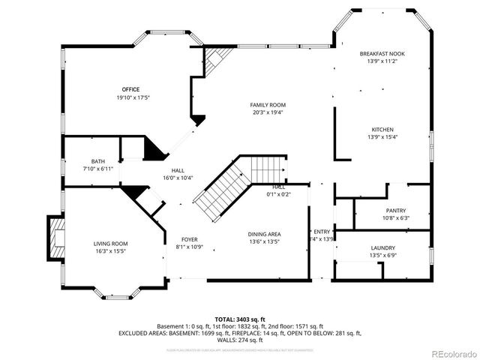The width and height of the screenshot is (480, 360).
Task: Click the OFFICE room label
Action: pyautogui.click(x=131, y=90)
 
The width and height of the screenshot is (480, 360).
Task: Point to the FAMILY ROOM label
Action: pyautogui.click(x=268, y=105)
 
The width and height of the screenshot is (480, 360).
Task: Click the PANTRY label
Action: pyautogui.click(x=395, y=211)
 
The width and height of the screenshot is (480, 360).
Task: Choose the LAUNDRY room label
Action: pyautogui.click(x=382, y=248)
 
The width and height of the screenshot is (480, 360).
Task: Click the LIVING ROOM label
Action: pyautogui.click(x=111, y=244)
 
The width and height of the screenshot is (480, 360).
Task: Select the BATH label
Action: pyautogui.click(x=98, y=161)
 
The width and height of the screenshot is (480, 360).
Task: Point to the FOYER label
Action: pyautogui.click(x=189, y=239)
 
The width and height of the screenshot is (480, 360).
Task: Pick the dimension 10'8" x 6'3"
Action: pyautogui.click(x=395, y=218)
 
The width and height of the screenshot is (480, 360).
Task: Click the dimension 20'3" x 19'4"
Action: pyautogui.click(x=268, y=112)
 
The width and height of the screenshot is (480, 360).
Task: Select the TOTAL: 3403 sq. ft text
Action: pyautogui.click(x=238, y=319)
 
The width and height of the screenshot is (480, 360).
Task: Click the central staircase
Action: pyautogui.click(x=225, y=187)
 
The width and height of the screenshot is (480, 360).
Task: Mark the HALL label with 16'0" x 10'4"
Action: pyautogui.click(x=178, y=170)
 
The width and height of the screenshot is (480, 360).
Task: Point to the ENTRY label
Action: pyautogui.click(x=322, y=232)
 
